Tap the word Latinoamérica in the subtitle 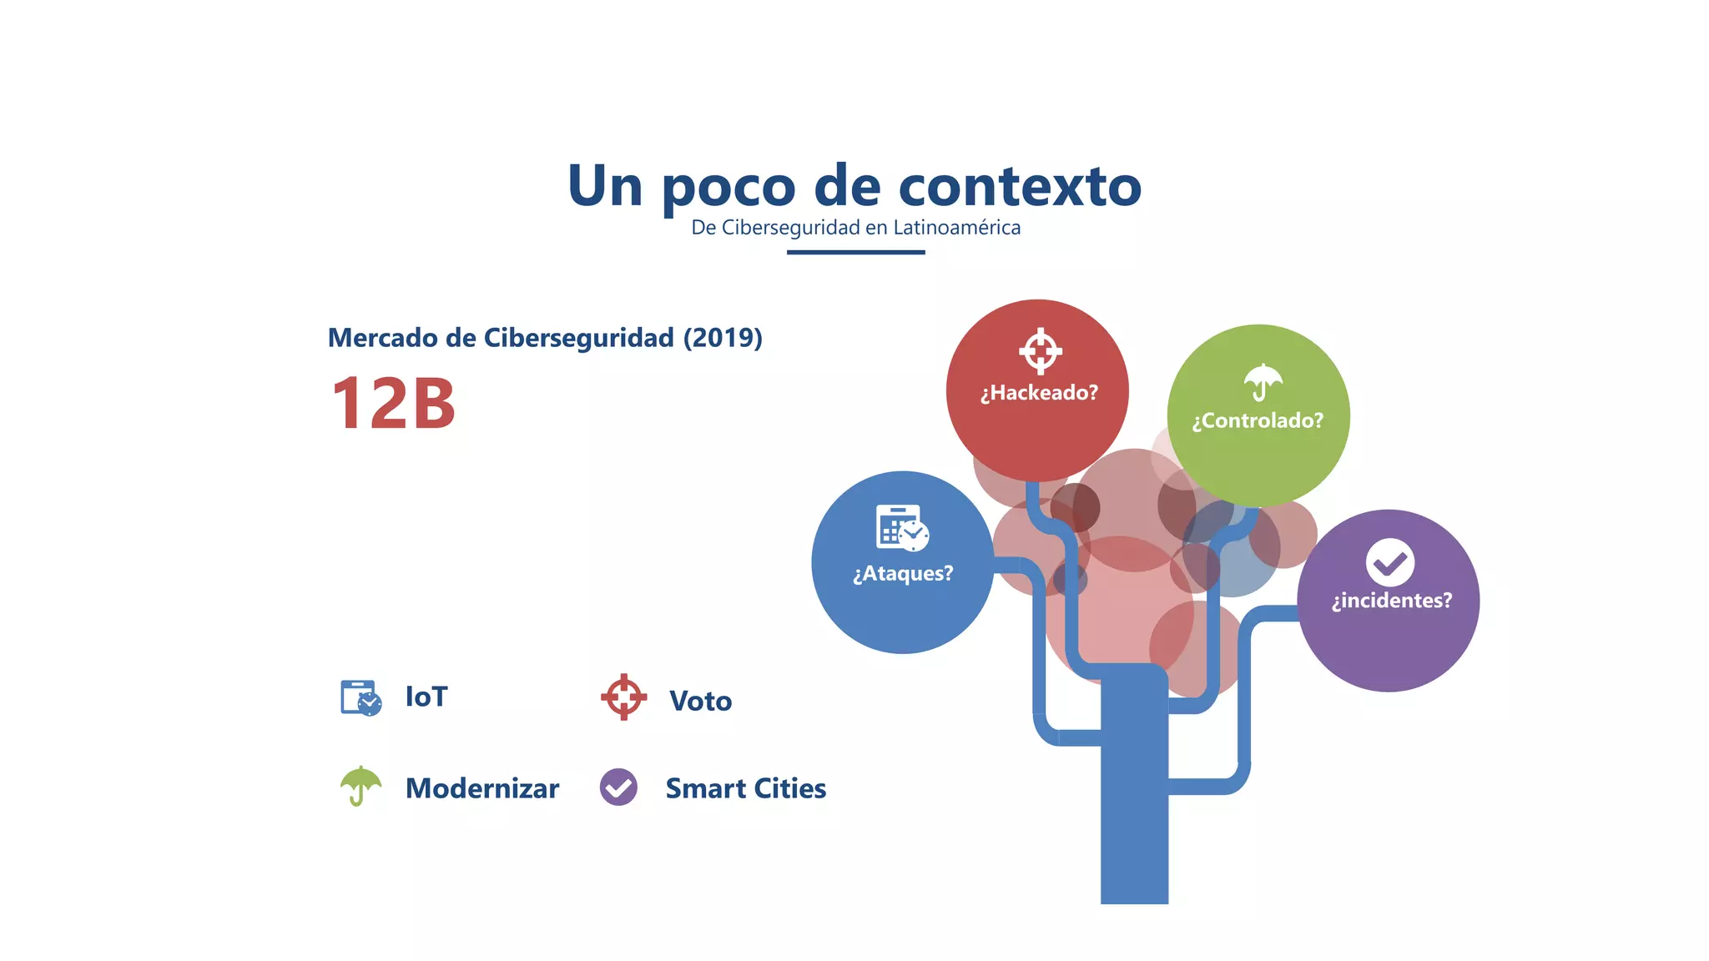point(956,228)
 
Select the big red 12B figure point(393,404)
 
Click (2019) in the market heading point(723,338)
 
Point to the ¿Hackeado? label point(1039,393)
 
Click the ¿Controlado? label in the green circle point(1258,420)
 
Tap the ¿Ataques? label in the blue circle point(903,574)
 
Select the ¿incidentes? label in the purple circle point(1391,601)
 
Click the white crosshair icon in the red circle point(1040,351)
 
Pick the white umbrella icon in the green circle point(1263,382)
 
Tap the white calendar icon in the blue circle point(902,528)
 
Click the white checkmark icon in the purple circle point(1389,563)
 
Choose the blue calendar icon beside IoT point(360,698)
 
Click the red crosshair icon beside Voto point(623,697)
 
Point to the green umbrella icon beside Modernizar point(360,785)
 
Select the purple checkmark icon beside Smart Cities point(618,787)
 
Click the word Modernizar point(481,788)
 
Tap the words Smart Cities point(745,788)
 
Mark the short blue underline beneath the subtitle point(855,252)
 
